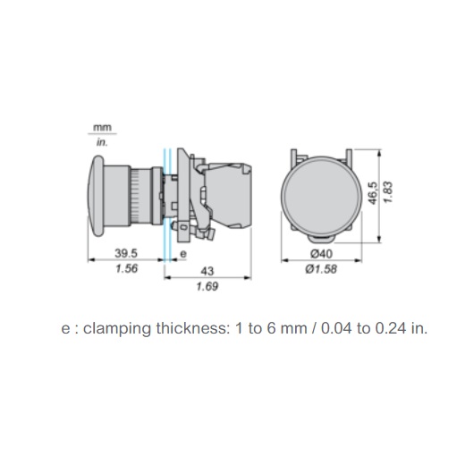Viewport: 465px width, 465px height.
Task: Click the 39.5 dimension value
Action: click(x=126, y=254)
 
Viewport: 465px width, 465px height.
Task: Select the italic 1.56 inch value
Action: click(x=126, y=268)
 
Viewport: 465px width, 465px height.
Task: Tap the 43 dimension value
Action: click(x=207, y=271)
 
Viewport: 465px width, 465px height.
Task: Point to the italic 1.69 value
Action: click(x=207, y=286)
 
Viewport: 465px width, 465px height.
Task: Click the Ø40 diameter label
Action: click(x=321, y=254)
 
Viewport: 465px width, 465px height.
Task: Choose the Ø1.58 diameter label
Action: click(x=321, y=269)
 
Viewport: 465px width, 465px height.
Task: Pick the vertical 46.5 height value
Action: click(x=373, y=193)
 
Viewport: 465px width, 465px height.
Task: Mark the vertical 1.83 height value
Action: click(x=388, y=192)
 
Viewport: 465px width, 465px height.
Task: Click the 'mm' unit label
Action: click(x=102, y=128)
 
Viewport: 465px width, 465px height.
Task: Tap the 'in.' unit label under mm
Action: click(x=102, y=142)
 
